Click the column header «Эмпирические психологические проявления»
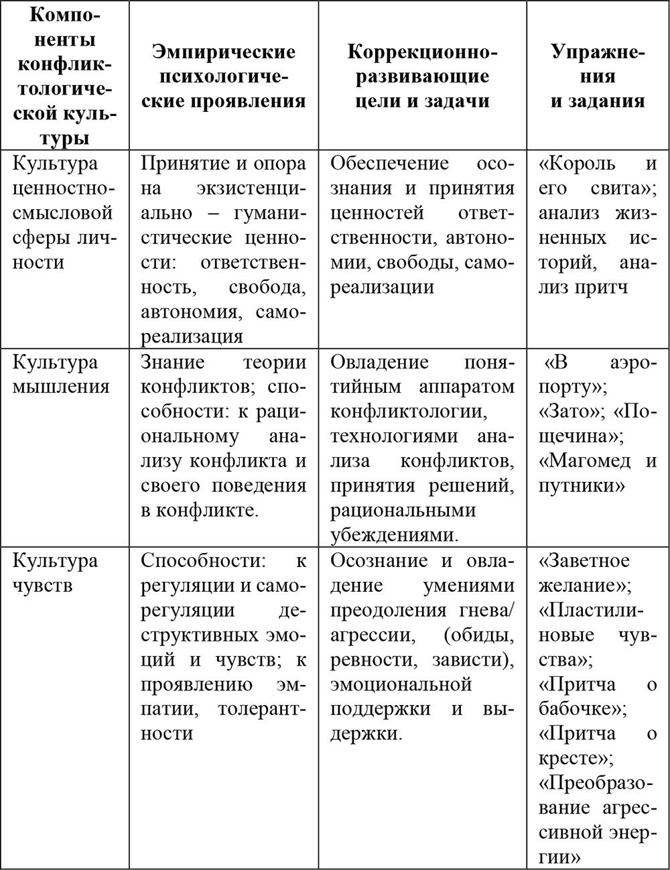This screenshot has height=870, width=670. pyautogui.click(x=223, y=76)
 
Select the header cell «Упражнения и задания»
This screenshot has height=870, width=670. pyautogui.click(x=598, y=76)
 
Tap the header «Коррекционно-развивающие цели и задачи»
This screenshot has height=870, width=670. pyautogui.click(x=422, y=76)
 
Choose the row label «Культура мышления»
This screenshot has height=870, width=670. pyautogui.click(x=61, y=374)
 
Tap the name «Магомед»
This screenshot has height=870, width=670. pyautogui.click(x=585, y=460)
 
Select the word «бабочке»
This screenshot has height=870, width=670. pyautogui.click(x=580, y=708)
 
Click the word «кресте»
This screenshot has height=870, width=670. pyautogui.click(x=573, y=758)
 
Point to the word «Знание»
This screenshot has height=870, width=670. pyautogui.click(x=173, y=362)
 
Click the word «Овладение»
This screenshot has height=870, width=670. pyautogui.click(x=379, y=362)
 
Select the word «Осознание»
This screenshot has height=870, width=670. pyautogui.click(x=379, y=560)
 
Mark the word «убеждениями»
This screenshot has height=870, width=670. pyautogui.click(x=392, y=535)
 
